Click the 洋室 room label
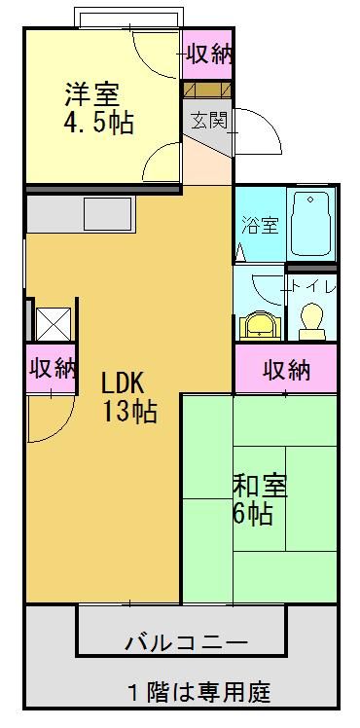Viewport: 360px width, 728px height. (x=91, y=94)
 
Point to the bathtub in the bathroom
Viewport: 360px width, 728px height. (x=311, y=223)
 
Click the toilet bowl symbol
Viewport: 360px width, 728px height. (x=311, y=320)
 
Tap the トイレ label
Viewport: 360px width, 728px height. (x=311, y=286)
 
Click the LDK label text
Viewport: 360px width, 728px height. (x=124, y=382)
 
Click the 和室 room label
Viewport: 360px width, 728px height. (x=256, y=484)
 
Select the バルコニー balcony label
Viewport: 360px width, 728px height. (x=186, y=643)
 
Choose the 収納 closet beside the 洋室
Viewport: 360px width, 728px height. (x=208, y=55)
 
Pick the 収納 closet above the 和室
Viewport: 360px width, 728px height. (x=286, y=370)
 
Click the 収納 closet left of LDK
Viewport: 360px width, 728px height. (x=52, y=369)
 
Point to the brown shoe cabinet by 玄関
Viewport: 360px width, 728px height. (x=206, y=89)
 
